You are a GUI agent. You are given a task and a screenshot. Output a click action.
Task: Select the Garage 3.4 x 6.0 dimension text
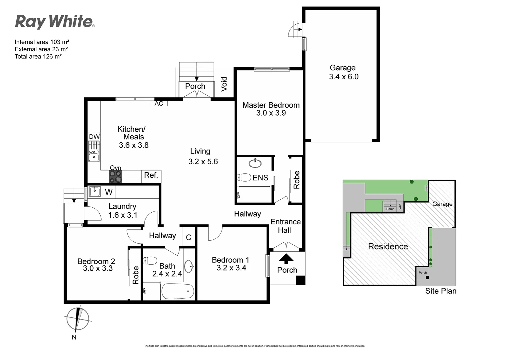click(344, 77)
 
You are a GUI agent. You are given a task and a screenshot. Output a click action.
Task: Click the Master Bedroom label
click(271, 105)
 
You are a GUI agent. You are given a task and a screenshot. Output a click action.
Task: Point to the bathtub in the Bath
click(178, 292)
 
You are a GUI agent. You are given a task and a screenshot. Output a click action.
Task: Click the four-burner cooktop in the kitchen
click(116, 177)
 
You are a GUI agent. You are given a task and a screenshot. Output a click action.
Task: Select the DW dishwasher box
click(94, 137)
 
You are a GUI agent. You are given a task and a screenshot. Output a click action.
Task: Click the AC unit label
click(159, 103)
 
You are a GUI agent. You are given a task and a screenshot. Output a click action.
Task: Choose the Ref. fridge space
click(151, 175)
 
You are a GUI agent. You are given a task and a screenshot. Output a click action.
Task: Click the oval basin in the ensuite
click(255, 163)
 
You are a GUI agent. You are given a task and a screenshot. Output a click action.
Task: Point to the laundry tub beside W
click(95, 191)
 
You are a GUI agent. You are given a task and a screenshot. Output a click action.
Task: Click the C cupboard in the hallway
click(189, 237)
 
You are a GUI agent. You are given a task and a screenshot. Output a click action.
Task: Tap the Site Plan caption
click(440, 291)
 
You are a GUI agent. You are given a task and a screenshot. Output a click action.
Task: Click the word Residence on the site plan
click(388, 246)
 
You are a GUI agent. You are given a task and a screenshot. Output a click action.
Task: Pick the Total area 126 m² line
click(38, 56)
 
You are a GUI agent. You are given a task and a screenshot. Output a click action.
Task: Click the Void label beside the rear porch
click(224, 84)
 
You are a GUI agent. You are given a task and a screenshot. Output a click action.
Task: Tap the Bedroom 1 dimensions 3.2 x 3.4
click(231, 268)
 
